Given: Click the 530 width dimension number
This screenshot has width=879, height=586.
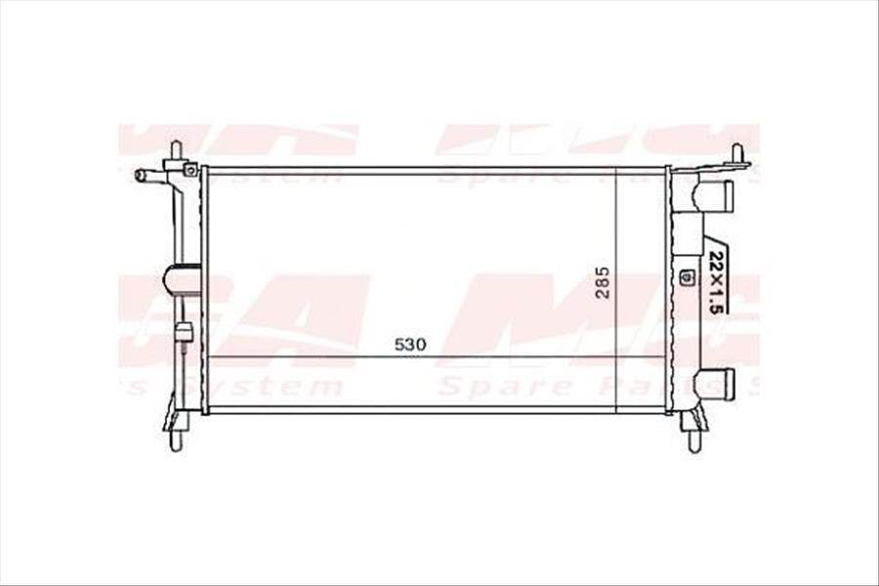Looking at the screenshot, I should pos(411,344).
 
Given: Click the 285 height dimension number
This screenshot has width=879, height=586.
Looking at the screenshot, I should pos(603,282).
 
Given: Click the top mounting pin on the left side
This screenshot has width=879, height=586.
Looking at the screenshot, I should pos(176,150).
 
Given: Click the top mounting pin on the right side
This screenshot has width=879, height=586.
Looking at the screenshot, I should pos(737,152).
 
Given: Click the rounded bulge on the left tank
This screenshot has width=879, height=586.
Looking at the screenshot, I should pos(183,279).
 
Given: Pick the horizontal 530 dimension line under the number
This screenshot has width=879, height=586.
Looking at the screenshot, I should pos(410,356).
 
